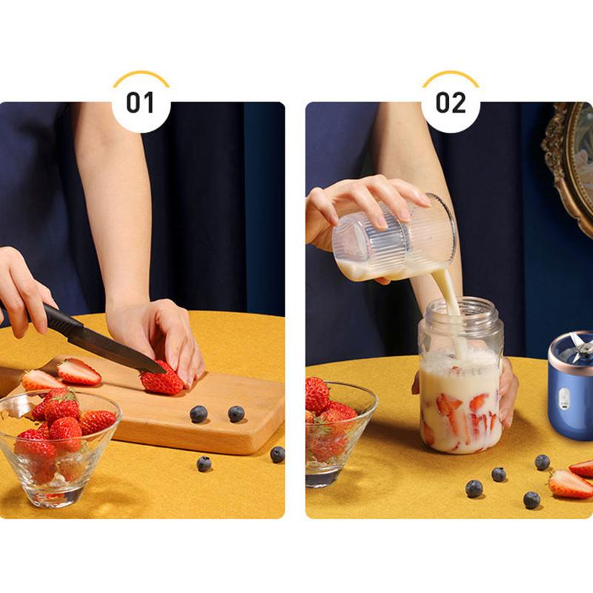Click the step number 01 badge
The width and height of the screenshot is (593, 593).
[141, 102]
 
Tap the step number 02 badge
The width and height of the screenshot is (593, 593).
[450, 102]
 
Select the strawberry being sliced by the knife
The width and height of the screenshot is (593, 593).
[162, 381]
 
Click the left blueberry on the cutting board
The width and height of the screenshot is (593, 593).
[198, 414]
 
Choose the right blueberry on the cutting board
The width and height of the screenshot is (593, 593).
[236, 414]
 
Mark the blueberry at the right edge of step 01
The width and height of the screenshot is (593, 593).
[277, 454]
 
